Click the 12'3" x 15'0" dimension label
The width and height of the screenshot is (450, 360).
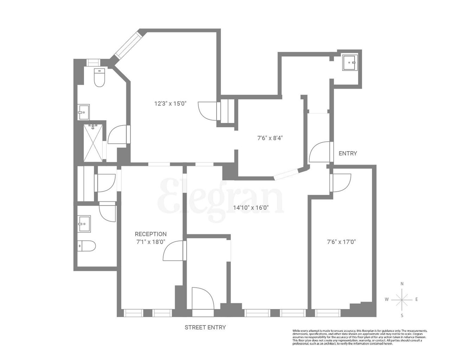click(170, 103)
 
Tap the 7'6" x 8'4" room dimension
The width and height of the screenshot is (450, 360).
click(270, 138)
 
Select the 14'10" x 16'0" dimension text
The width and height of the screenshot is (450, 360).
click(251, 207)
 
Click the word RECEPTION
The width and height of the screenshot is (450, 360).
click(151, 234)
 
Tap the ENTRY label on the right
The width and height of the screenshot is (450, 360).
click(348, 153)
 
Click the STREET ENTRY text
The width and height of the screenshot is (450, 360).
click(205, 327)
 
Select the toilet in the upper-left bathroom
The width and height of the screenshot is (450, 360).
click(99, 78)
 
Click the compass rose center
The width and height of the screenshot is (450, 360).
click(402, 300)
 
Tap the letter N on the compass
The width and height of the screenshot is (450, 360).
click(402, 284)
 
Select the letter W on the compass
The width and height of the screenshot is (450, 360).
click(386, 300)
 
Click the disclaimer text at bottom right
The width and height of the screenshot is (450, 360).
click(360, 337)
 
